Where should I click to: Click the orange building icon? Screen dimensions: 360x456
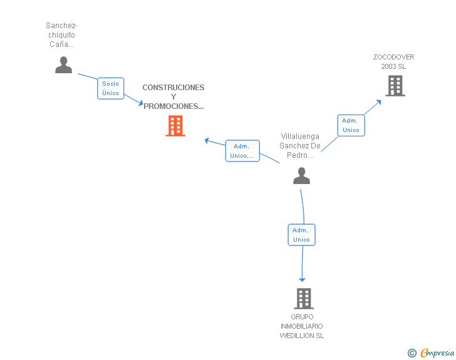(175, 126)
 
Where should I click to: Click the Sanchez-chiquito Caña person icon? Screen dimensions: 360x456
(64, 65)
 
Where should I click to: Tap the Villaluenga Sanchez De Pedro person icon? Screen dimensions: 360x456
(301, 176)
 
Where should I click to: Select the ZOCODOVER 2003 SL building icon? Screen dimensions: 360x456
(395, 86)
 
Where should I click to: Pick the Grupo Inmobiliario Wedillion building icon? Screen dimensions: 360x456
(304, 299)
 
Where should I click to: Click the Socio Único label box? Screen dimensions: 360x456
(111, 88)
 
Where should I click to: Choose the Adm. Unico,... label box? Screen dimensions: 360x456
(242, 151)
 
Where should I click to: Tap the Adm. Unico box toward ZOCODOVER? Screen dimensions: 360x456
(351, 125)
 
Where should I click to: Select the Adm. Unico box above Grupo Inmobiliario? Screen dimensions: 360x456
(301, 235)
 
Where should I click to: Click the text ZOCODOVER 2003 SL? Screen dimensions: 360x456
(393, 61)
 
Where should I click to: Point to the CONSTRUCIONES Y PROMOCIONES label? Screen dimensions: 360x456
(174, 96)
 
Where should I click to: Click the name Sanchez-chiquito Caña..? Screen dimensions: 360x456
(61, 35)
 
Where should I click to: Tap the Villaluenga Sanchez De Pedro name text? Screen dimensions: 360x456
(301, 146)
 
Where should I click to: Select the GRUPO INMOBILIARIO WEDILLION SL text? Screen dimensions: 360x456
(302, 326)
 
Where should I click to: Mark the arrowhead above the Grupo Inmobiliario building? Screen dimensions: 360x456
(303, 279)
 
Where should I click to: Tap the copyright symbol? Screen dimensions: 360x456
(412, 353)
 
